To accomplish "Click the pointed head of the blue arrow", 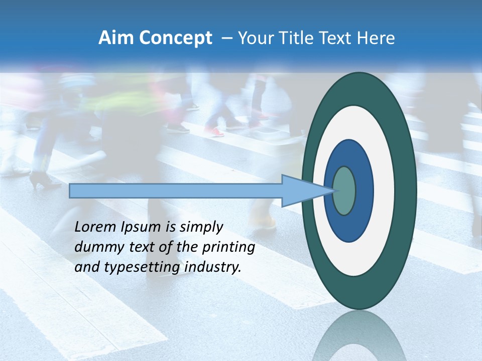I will [x=306, y=191].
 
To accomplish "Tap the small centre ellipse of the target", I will [x=344, y=191].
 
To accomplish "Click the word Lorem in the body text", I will [x=95, y=227].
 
